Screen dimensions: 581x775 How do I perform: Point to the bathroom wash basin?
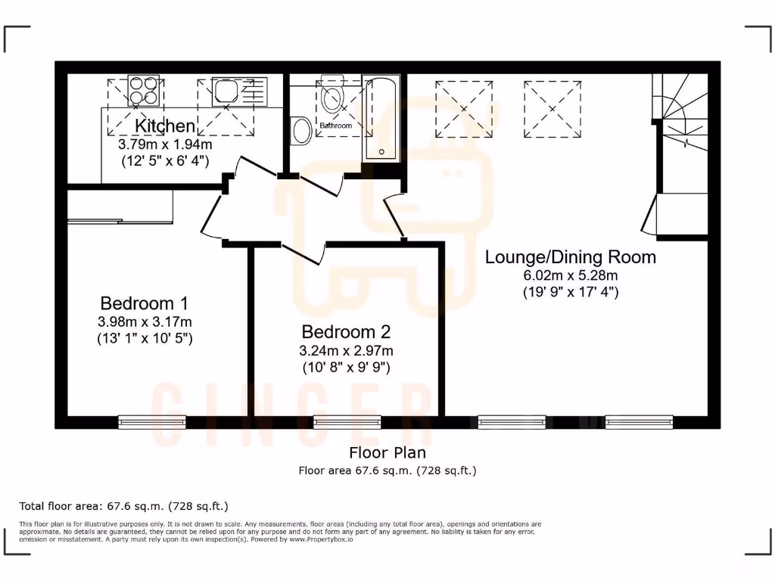pyautogui.click(x=301, y=130)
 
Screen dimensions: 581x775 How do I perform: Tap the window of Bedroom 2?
pyautogui.click(x=337, y=421)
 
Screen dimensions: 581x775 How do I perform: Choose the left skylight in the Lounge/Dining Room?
pyautogui.click(x=463, y=109)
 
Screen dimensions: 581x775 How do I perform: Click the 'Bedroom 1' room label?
pyautogui.click(x=144, y=303)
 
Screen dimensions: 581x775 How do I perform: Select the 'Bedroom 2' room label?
pyautogui.click(x=346, y=331)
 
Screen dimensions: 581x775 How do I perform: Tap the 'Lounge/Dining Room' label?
pyautogui.click(x=570, y=256)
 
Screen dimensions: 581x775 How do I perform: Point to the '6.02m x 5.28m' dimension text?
pyautogui.click(x=570, y=275)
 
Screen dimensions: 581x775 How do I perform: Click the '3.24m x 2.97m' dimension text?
pyautogui.click(x=346, y=350)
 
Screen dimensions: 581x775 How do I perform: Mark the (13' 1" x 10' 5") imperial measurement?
pyautogui.click(x=144, y=339)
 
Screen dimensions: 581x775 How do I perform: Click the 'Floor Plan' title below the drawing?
pyautogui.click(x=387, y=452)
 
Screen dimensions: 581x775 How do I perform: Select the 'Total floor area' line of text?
pyautogui.click(x=123, y=505)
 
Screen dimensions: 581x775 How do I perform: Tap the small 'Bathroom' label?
pyautogui.click(x=335, y=126)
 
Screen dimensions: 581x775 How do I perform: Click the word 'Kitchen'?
pyautogui.click(x=165, y=126)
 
